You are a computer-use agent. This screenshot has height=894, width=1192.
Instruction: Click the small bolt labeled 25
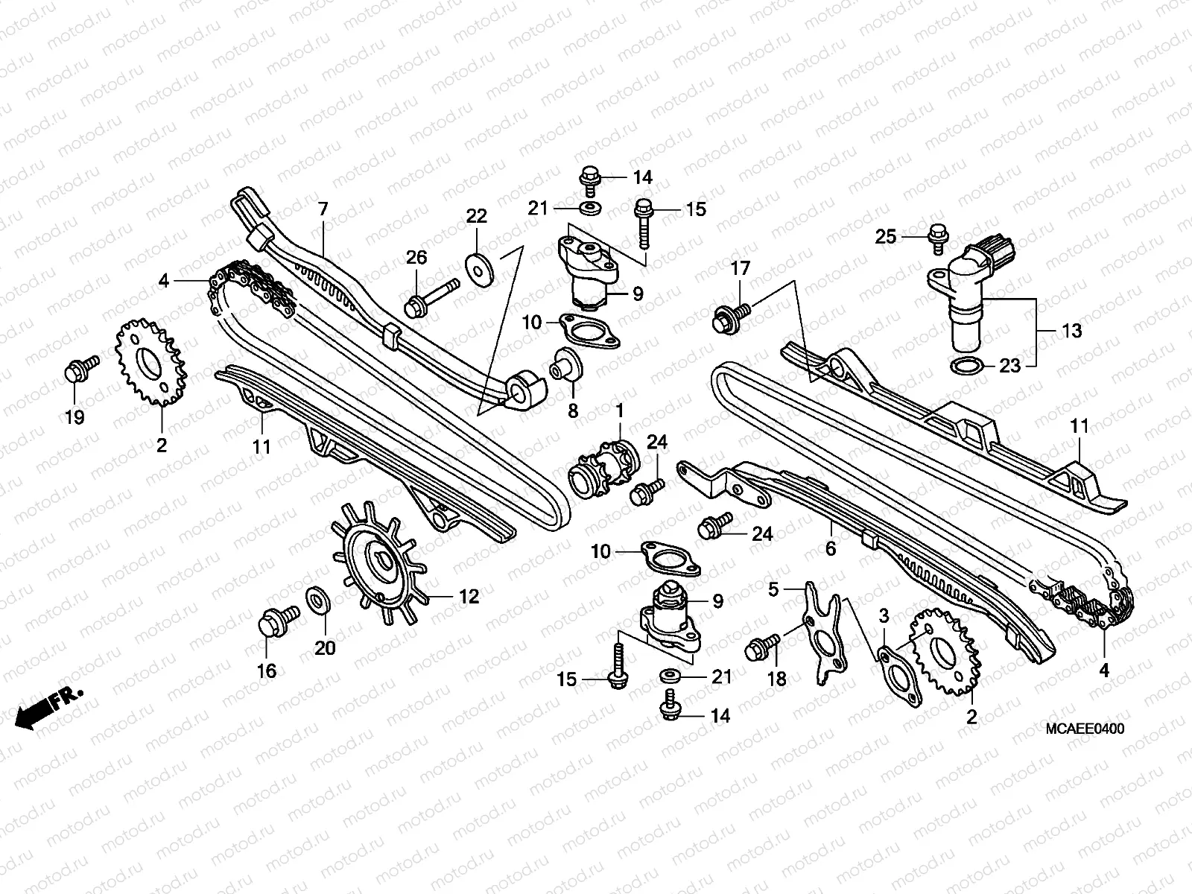(x=937, y=235)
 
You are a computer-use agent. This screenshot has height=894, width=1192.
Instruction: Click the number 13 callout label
(x=1071, y=331)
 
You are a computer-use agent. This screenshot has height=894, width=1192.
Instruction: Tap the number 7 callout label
(x=322, y=209)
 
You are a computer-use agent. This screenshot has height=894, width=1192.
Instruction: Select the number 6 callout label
(x=830, y=549)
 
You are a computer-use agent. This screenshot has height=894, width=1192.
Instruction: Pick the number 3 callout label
(x=884, y=616)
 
